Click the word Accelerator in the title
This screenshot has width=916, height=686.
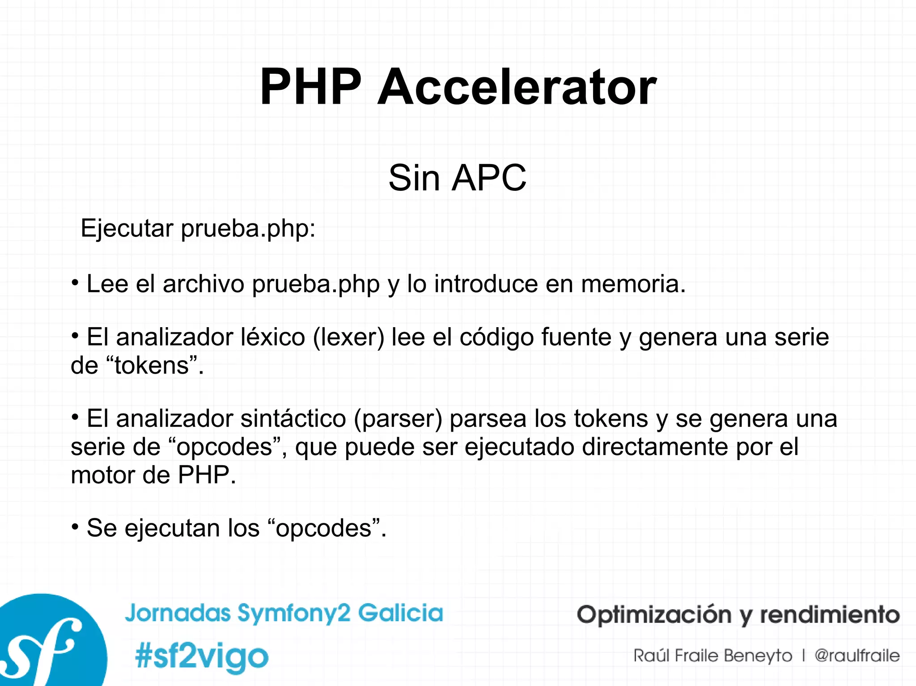click(x=517, y=87)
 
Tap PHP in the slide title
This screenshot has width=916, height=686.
click(x=310, y=87)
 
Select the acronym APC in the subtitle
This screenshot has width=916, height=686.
click(x=489, y=178)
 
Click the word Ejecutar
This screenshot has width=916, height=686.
click(x=127, y=229)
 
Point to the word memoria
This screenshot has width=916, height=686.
click(x=633, y=284)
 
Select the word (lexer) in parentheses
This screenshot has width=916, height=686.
click(x=348, y=337)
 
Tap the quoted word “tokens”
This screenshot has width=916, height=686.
click(x=153, y=366)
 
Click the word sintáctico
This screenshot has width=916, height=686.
click(x=293, y=419)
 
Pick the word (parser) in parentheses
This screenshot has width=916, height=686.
click(x=398, y=419)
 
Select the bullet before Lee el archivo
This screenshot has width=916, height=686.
click(x=75, y=283)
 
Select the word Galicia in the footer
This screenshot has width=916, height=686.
click(x=400, y=613)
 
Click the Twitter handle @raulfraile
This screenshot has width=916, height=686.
click(x=857, y=656)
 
